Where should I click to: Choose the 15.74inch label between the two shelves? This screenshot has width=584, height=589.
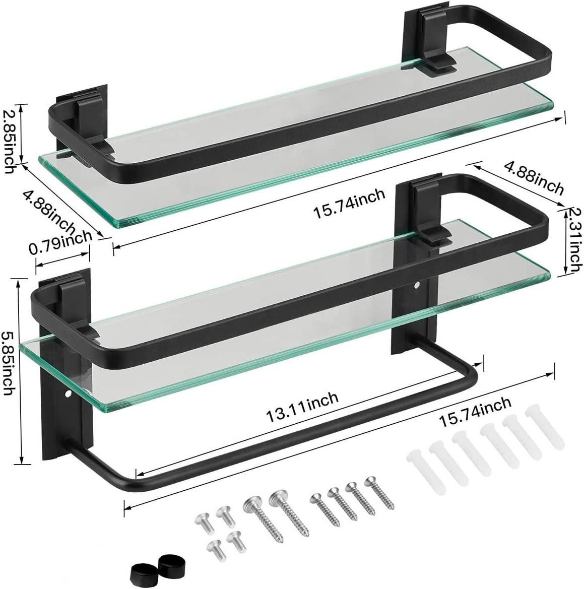(350, 202)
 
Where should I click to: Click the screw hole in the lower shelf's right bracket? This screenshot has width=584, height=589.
(417, 287)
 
